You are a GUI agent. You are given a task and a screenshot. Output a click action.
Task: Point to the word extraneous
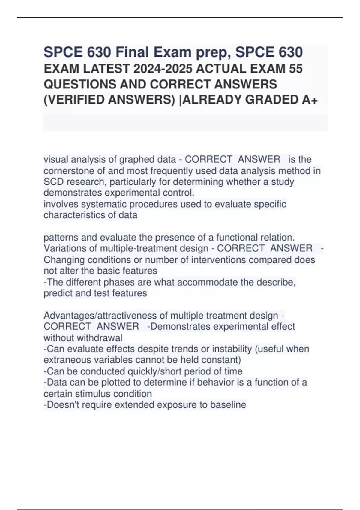point(66,360)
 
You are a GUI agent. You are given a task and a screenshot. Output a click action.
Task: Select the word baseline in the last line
point(228,405)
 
